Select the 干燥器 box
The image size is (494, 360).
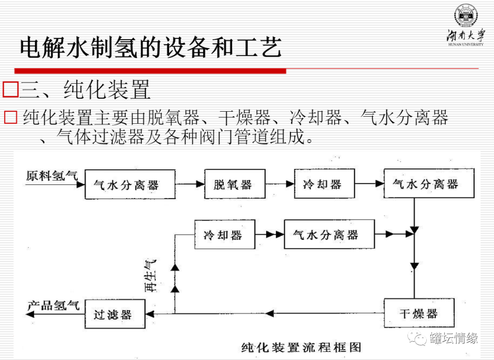(x=419, y=313)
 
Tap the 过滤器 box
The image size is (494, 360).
(x=115, y=314)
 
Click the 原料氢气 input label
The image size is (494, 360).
(x=52, y=176)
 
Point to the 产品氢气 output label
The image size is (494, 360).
(x=53, y=305)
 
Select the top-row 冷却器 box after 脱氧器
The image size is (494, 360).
(x=323, y=184)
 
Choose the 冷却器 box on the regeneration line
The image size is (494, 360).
(x=224, y=235)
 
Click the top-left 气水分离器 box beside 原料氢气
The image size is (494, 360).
(x=130, y=184)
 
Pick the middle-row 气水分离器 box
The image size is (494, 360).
(x=329, y=235)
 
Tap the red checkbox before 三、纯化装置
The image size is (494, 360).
(x=10, y=90)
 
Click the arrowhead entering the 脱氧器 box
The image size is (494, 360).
(x=200, y=184)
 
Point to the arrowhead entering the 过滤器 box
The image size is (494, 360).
(x=150, y=314)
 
